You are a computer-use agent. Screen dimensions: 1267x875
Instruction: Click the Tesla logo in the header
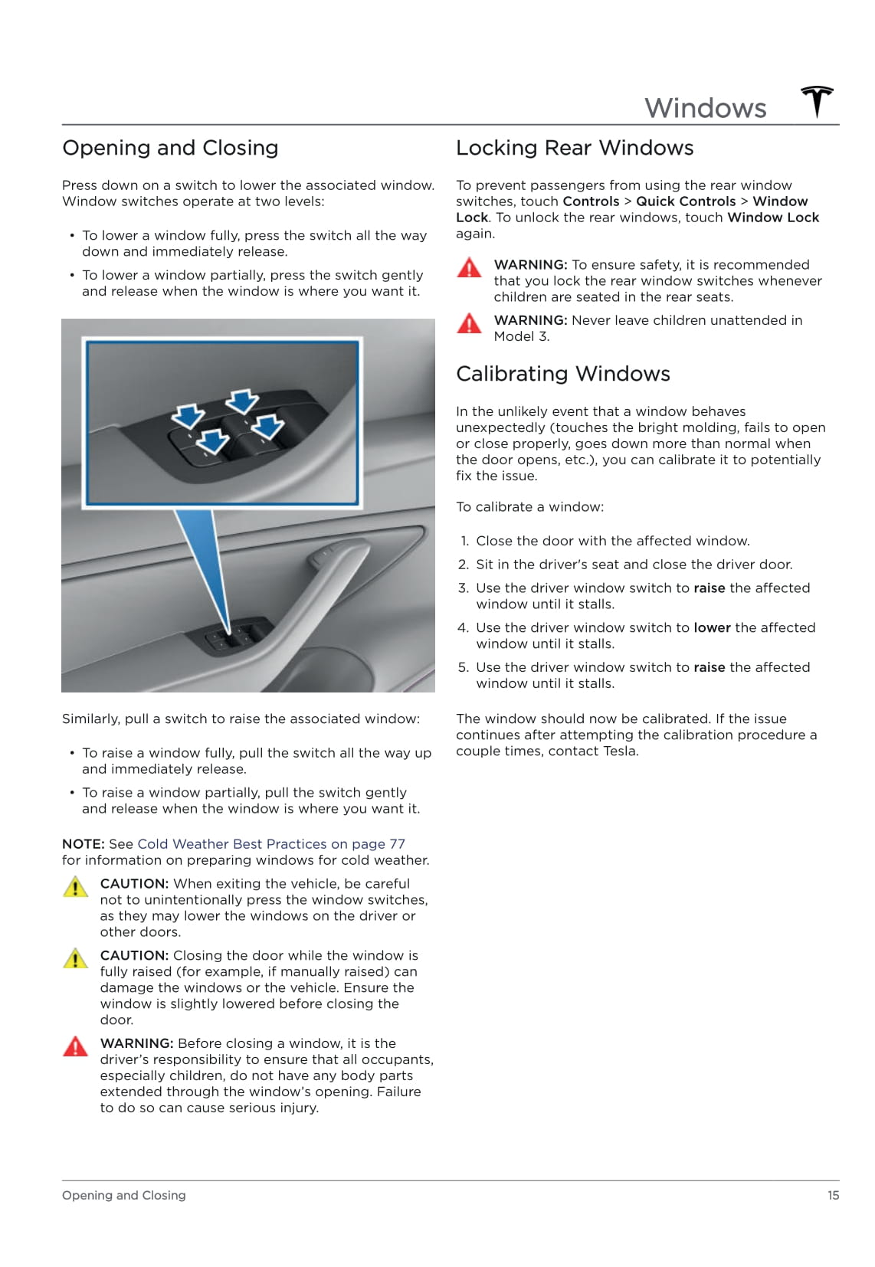[x=817, y=102]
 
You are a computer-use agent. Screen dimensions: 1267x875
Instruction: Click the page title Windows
[x=705, y=108]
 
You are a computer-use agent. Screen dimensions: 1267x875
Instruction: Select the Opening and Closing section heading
[x=170, y=148]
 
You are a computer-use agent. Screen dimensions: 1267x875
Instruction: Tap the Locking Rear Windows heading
[x=575, y=148]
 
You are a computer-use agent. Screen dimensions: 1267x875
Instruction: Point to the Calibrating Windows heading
[x=563, y=374]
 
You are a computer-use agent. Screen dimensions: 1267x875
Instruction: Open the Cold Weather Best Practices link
[x=271, y=844]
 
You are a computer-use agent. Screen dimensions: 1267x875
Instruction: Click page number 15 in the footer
[x=833, y=1195]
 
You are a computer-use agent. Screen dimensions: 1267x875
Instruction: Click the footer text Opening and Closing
[x=124, y=1195]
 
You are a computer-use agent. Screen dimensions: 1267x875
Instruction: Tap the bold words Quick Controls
[x=686, y=201]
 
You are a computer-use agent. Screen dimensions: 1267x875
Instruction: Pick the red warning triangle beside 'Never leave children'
[x=469, y=324]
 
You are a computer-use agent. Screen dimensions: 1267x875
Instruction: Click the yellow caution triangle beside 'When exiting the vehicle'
[x=75, y=887]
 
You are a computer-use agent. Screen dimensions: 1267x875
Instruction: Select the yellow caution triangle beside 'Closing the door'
[x=75, y=959]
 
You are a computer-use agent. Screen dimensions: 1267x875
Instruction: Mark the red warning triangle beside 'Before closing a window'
[x=75, y=1046]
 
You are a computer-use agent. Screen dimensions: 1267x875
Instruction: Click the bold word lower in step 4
[x=712, y=627]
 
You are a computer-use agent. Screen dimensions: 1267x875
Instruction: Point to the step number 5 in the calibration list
[x=463, y=667]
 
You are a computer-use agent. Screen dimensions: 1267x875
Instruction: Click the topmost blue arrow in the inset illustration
[x=242, y=401]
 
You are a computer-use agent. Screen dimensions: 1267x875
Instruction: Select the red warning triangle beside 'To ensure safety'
[x=469, y=268]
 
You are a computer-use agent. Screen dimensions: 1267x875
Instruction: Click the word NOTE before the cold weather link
[x=83, y=844]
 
